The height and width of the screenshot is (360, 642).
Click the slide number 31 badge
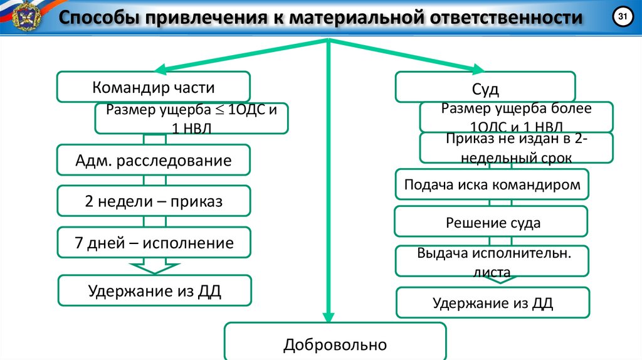coord(622,18)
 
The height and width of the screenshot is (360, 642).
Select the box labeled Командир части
coord(154,87)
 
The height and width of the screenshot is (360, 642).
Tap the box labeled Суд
coord(485,87)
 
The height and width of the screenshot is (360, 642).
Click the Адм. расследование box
coord(154,160)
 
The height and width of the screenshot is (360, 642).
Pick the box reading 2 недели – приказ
coord(154,201)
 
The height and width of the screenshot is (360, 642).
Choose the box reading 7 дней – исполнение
coord(154,243)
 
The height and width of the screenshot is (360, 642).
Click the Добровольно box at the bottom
coord(335,344)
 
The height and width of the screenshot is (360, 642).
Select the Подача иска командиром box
coord(492,185)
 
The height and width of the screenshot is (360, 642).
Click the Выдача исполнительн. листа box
coord(492,261)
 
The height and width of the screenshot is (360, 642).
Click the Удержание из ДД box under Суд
coord(493,303)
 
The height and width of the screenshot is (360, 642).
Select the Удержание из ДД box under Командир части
coord(154,290)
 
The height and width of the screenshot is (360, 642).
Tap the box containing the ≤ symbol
coord(191,118)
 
